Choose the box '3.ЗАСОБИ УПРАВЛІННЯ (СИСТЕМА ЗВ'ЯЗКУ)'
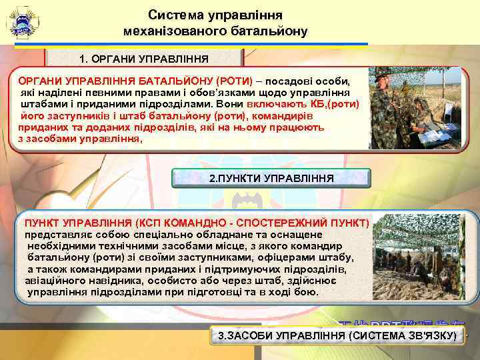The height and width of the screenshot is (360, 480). (x=337, y=335)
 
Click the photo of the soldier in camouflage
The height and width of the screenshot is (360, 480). (x=415, y=107)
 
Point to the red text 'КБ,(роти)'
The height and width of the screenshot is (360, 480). (x=336, y=105)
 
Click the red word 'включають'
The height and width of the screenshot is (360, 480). (x=277, y=105)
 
